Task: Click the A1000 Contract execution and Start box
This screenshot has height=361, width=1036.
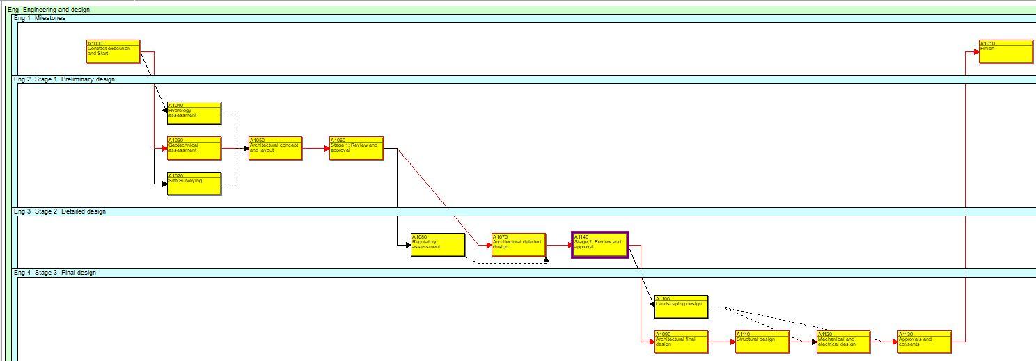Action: coord(113,51)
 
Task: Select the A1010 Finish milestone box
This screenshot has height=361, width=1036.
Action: coord(1005,51)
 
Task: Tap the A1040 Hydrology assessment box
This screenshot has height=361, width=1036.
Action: coord(194,113)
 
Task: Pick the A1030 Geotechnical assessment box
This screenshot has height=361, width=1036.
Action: coord(194,148)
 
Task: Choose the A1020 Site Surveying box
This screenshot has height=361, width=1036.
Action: coord(194,184)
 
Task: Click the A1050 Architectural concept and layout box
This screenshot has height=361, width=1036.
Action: coord(275,148)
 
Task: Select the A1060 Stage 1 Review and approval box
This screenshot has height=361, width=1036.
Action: coord(356,148)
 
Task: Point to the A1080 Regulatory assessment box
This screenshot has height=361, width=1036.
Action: coord(437,245)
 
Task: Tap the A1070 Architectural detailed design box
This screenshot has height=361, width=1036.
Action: coord(518,245)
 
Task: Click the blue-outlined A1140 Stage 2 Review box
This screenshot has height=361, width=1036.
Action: coord(599,245)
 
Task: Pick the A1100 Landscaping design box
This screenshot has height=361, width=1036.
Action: coord(680,307)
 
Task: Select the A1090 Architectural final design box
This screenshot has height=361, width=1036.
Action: coord(680,342)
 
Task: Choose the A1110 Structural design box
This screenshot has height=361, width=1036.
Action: coord(762,342)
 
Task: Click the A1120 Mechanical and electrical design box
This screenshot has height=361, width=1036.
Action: coord(842,342)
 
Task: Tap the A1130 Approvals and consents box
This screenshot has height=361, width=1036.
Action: coord(924,342)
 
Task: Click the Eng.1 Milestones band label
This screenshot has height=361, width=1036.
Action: coord(40,19)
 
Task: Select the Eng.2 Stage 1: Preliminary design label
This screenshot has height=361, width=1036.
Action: coord(64,79)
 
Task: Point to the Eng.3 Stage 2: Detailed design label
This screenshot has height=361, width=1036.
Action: coord(60,211)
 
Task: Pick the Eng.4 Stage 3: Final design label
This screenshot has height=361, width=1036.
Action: coord(55,273)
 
